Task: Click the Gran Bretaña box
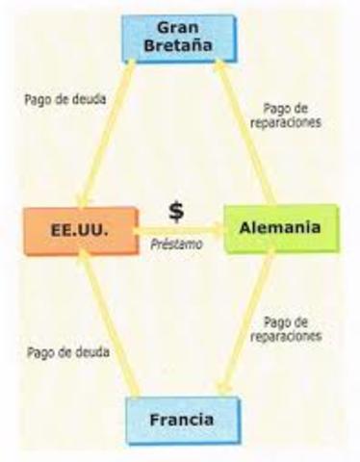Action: (179, 38)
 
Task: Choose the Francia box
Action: (180, 420)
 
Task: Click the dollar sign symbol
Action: (176, 211)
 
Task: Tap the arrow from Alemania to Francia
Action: (248, 322)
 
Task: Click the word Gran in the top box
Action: (179, 28)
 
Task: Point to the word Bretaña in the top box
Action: (179, 47)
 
